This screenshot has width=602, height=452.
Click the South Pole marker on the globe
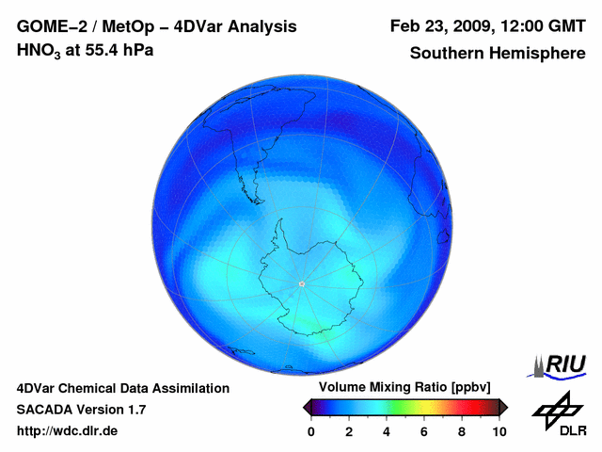tap(301, 283)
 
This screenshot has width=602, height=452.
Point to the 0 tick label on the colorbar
tap(311, 431)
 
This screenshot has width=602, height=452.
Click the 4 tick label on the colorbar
tap(387, 431)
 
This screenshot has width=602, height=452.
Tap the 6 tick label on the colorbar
tap(424, 431)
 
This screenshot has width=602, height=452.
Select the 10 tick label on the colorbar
tap(499, 431)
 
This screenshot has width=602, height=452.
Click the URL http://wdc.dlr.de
tap(68, 431)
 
